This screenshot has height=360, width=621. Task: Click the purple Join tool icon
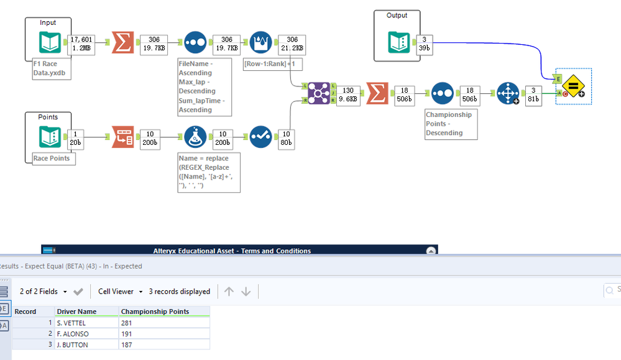318,94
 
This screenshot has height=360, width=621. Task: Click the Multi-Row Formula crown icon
260,42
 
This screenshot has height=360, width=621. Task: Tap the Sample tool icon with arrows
508,94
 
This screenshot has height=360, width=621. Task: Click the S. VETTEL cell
86,323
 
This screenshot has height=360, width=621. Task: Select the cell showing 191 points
164,334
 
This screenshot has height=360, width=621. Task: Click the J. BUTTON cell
86,345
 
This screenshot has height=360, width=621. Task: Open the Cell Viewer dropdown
121,291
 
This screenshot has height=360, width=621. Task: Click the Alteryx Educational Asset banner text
232,251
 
